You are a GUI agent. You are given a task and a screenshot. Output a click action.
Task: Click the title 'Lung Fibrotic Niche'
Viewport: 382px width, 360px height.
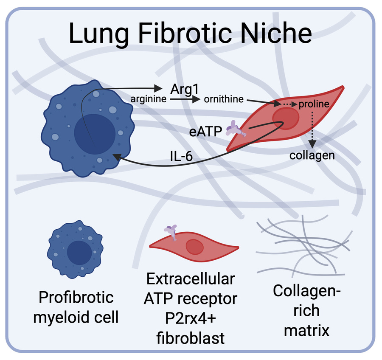tap(191, 34)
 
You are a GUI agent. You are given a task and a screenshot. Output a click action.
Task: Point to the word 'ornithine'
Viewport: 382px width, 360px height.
tap(224, 100)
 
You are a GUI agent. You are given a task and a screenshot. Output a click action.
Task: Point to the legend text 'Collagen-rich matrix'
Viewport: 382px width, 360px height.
tap(302, 310)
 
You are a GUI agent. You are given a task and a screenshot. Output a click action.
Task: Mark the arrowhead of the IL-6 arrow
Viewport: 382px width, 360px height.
tap(117, 157)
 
